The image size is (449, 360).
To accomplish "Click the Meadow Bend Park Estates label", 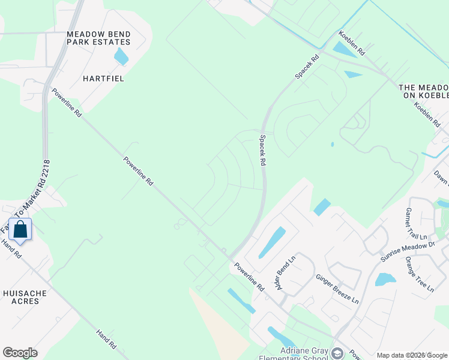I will tap(98, 38).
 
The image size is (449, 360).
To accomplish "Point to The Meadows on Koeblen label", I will tap(424, 92).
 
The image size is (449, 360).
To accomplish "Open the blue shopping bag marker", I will tap(20, 230).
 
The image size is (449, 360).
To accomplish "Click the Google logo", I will tap(20, 353).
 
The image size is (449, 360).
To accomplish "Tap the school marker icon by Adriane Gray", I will tap(337, 353).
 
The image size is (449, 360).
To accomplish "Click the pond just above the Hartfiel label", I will tap(121, 57).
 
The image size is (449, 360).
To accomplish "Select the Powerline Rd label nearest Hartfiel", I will tap(66, 103).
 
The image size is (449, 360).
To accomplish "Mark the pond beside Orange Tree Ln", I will tap(385, 280).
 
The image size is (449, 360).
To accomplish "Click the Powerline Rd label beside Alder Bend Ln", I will tap(249, 277).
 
